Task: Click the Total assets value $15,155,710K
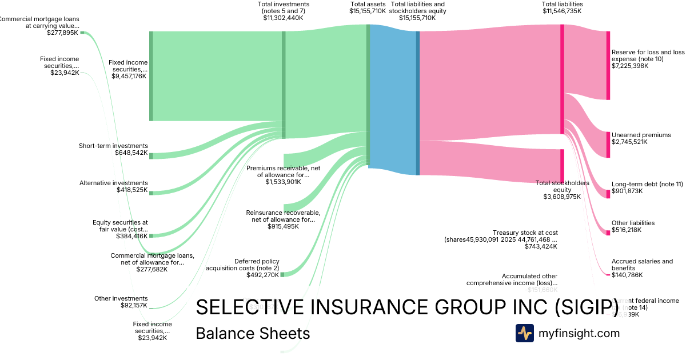pos(368,11)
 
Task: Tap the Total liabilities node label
pos(562,4)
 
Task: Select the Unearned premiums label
pos(641,135)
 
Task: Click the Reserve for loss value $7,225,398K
pos(631,66)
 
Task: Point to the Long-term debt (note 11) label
pos(647,184)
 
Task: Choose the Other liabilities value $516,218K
pos(627,230)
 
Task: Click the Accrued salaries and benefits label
pos(642,265)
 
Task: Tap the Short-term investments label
pos(113,146)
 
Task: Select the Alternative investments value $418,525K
pos(131,190)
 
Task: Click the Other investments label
pos(121,298)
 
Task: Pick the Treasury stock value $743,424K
pos(541,247)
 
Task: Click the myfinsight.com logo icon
pos(524,333)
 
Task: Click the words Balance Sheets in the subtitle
pos(253,333)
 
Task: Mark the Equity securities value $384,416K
pos(131,236)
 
